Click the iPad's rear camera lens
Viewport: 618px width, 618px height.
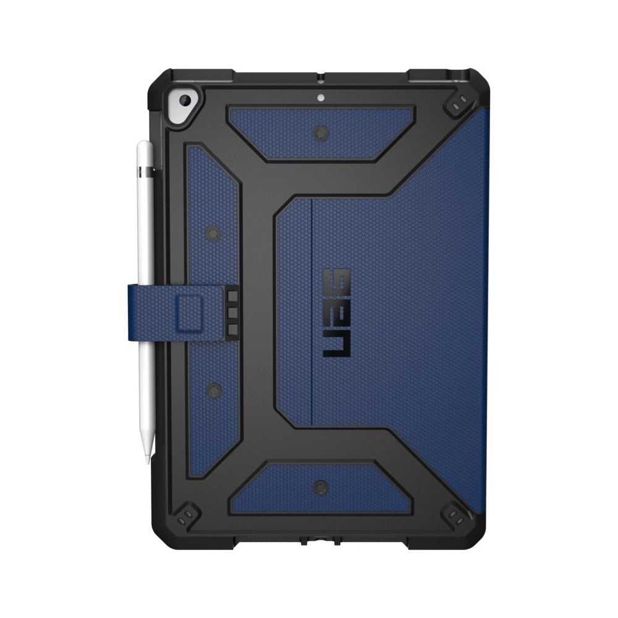point(184,101)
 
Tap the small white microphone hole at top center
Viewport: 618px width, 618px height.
point(320,96)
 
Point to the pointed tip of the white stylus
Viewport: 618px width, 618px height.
point(146,460)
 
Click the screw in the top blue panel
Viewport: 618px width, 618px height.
point(321,133)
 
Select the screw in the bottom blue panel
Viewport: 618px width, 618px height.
point(321,488)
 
